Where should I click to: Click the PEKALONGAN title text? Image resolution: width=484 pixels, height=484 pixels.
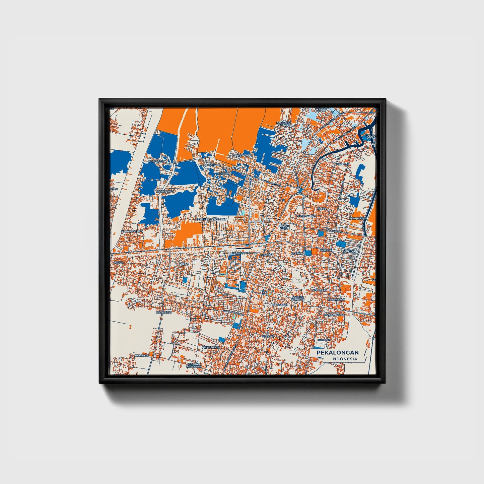338,352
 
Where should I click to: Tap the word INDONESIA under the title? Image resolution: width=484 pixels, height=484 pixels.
344,359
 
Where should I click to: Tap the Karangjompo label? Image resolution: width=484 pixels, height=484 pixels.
132,231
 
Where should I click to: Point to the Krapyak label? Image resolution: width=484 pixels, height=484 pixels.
343,164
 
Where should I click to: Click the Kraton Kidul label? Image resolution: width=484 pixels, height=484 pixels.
283,227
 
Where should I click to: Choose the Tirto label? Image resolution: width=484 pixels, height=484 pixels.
184,264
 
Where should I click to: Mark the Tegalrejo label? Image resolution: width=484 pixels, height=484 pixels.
164,312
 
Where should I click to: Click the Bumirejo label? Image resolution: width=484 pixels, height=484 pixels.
142,355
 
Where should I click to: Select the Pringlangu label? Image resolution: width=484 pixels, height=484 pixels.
210,347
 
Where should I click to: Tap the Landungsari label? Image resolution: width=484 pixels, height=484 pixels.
334,315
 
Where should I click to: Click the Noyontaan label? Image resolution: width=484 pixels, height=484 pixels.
336,299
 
